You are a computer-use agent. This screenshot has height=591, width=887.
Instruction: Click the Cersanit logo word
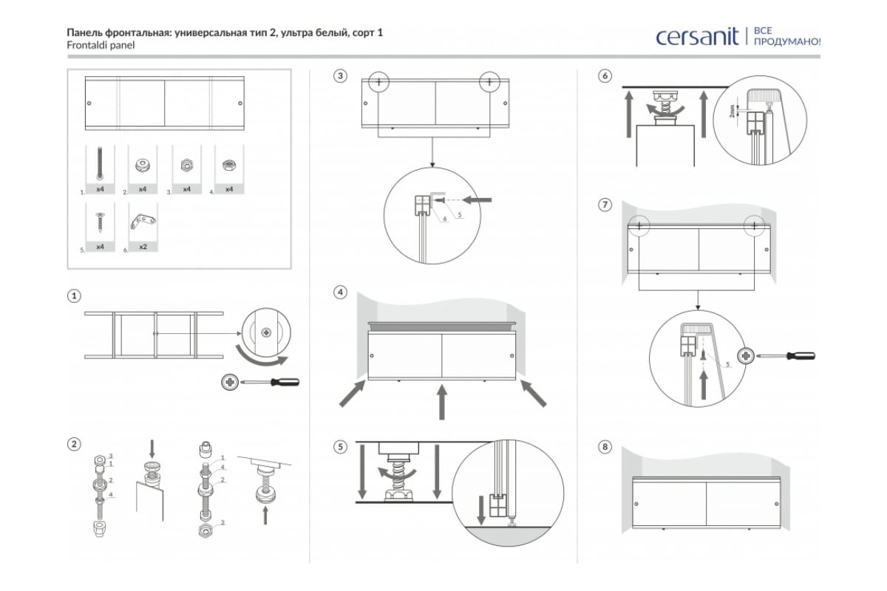[x=697, y=36]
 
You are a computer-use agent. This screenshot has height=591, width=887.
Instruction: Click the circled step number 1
[x=74, y=296]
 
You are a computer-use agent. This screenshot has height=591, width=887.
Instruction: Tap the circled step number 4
[x=340, y=292]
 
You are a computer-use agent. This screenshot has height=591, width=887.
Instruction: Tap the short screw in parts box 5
[x=100, y=221]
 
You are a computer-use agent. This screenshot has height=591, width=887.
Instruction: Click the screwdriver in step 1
[x=273, y=383]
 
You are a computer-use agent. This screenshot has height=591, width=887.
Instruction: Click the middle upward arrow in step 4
[x=442, y=402]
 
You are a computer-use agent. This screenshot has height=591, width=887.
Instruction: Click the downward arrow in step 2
[x=152, y=448]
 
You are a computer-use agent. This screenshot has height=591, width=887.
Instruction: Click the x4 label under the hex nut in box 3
[x=186, y=189]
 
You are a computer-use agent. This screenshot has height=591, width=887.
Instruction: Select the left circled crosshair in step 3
[x=378, y=81]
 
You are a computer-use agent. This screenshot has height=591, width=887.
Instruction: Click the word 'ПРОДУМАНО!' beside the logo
[x=786, y=42]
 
